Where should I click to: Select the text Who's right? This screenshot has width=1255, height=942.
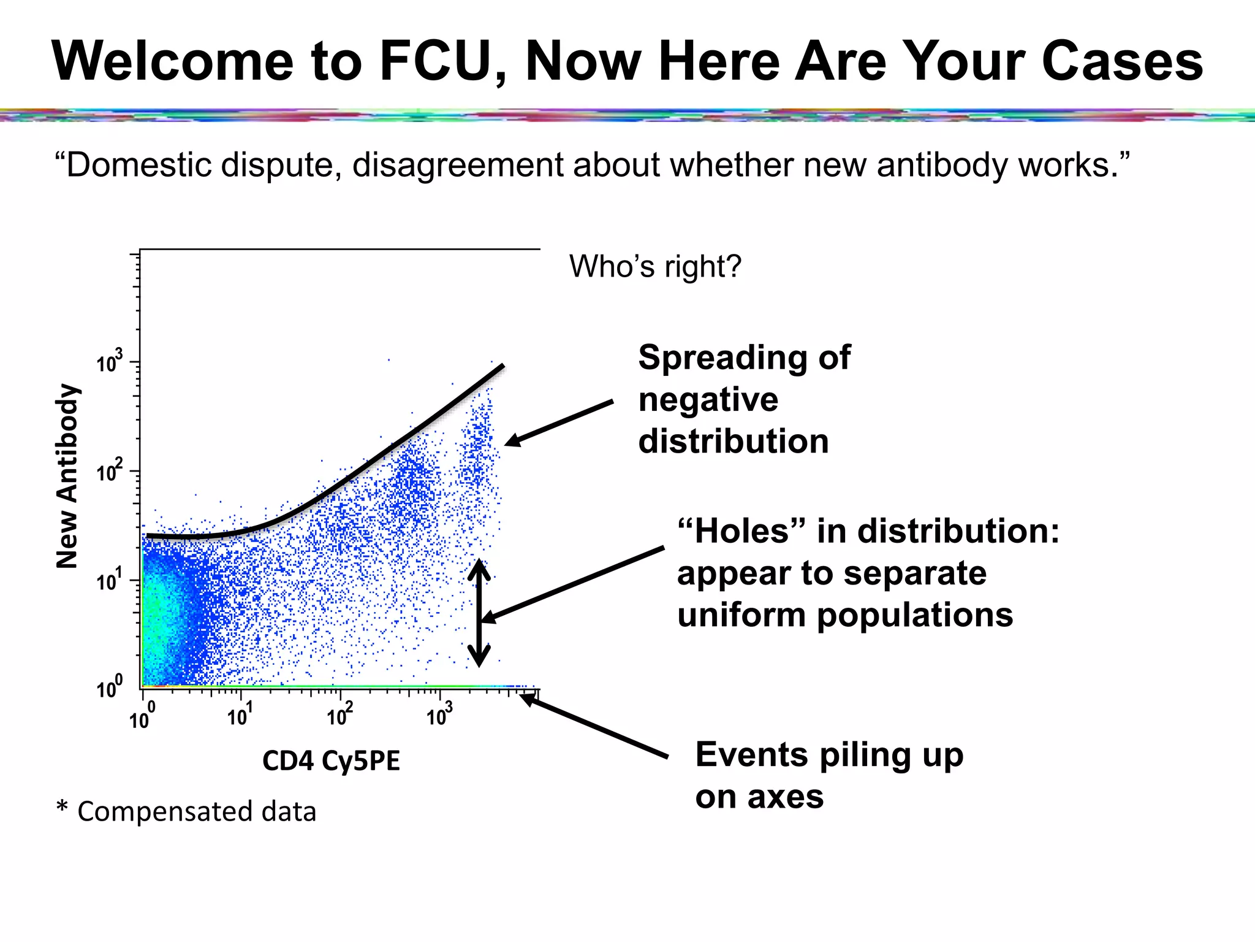point(655,266)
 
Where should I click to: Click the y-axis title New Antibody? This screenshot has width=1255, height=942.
point(67,477)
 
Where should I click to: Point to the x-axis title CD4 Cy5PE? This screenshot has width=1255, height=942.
point(331,761)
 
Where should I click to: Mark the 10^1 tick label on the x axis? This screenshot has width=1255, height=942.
point(240,714)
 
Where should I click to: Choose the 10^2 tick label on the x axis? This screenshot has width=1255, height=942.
point(339,714)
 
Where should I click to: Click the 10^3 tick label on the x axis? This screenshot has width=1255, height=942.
point(439,714)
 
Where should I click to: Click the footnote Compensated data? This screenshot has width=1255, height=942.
point(196,811)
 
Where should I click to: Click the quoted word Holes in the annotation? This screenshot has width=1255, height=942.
point(741,531)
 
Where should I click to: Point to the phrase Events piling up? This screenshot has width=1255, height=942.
point(828,754)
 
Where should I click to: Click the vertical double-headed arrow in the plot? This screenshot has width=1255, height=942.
point(479,613)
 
